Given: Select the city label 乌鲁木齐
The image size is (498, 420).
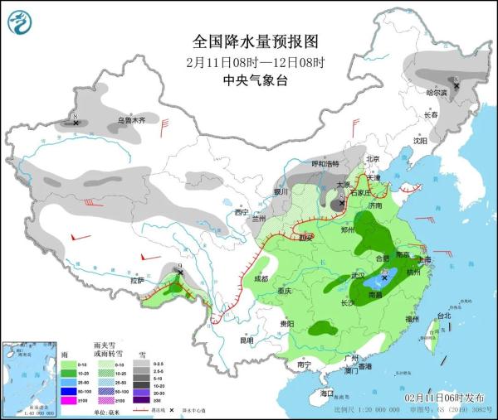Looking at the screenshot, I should (x=130, y=121).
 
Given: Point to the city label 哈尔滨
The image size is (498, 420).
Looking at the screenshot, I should (x=437, y=93).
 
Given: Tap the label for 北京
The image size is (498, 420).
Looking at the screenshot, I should (x=373, y=159).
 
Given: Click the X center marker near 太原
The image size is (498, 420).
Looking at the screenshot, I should (x=341, y=200).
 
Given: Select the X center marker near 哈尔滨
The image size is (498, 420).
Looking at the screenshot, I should (x=455, y=84).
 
